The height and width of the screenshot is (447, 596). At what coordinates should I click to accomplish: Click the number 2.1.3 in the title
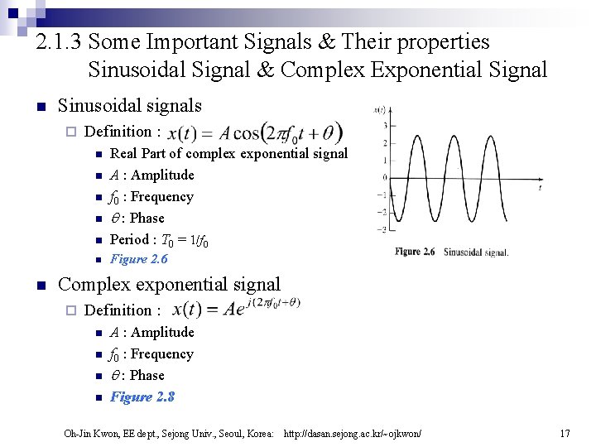click(60, 41)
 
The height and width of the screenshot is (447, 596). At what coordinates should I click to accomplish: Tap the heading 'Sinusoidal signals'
click(129, 105)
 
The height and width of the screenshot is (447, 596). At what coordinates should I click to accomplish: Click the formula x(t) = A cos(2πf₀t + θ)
click(255, 132)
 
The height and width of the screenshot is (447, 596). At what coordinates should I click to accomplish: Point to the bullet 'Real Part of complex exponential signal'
click(228, 153)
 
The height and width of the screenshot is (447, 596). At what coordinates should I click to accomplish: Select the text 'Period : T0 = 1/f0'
click(159, 240)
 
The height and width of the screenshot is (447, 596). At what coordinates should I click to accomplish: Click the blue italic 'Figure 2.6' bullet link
click(138, 259)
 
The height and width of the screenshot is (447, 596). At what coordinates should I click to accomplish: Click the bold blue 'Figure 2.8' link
click(142, 397)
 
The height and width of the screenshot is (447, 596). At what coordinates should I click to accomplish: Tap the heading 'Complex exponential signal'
click(169, 285)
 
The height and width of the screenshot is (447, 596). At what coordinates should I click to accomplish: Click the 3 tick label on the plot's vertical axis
click(384, 126)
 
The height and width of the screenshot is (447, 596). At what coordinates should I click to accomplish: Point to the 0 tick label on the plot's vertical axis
click(384, 177)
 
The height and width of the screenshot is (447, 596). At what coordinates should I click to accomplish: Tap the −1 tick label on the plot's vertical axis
click(382, 195)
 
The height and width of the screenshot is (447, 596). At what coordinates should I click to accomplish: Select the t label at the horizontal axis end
click(540, 188)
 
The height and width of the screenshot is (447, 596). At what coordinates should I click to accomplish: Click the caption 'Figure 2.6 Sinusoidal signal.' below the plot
click(451, 252)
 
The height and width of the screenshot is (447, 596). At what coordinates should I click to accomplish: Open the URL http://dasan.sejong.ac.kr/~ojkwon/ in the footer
click(352, 433)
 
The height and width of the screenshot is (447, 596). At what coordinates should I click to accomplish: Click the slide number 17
click(565, 433)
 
